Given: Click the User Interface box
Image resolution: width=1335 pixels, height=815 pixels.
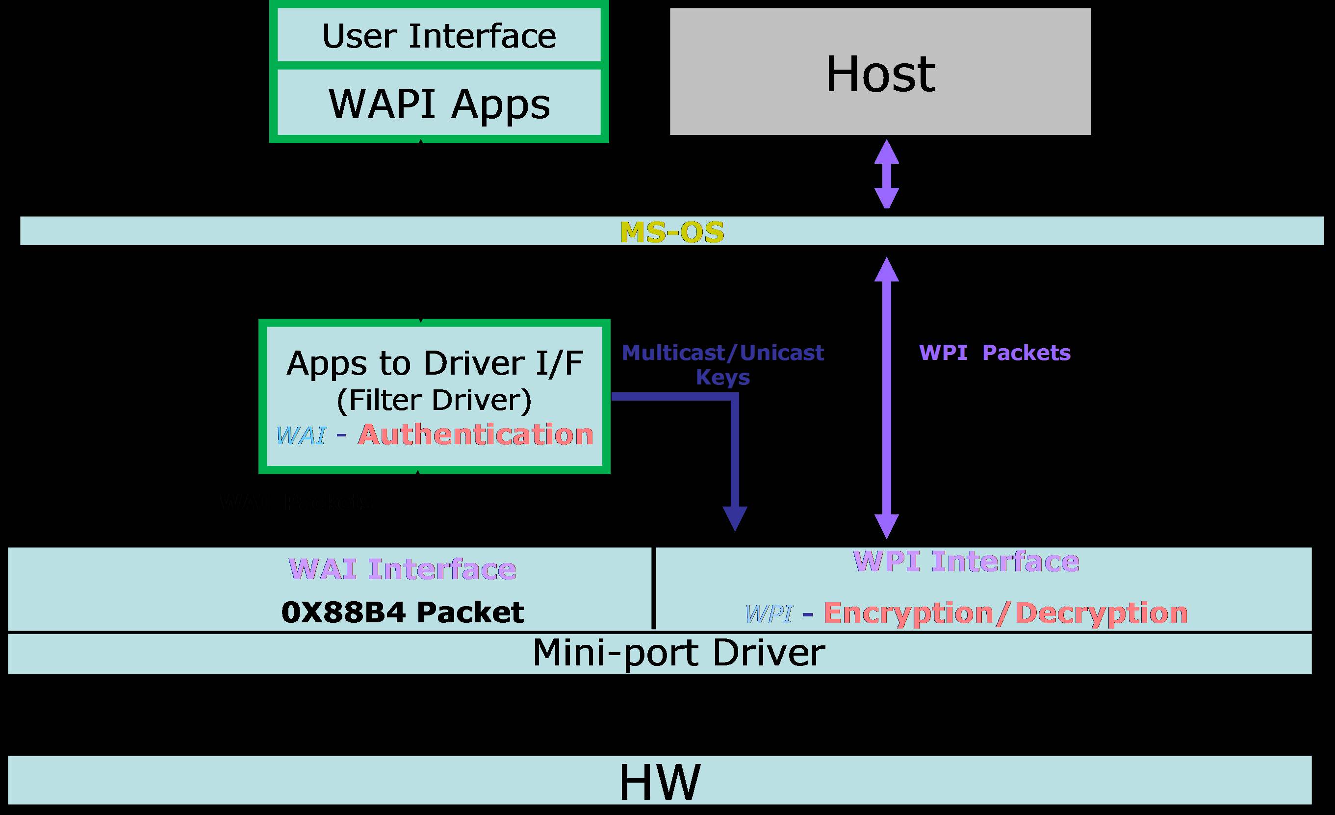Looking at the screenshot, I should coord(439,36).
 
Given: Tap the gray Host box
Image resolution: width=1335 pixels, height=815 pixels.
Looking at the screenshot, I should coord(880,72).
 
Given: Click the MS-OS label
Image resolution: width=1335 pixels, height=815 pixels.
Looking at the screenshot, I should coord(672,232).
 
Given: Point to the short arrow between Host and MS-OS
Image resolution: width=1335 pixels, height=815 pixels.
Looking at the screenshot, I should coord(887,174).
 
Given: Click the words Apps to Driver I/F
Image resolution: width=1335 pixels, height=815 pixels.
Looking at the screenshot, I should coord(435,362).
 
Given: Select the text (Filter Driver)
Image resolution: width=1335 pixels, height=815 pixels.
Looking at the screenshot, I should coord(435,401).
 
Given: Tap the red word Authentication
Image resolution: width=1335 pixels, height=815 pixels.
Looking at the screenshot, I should coord(476,434).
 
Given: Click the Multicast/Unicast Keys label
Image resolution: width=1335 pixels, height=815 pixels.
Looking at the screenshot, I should coord(723,364).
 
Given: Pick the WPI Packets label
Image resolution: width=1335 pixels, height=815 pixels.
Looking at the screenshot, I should coord(995,353).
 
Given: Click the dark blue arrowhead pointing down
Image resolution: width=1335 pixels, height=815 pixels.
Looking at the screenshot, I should coord(735,518).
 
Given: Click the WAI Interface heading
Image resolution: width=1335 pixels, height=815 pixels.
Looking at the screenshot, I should coord(403,569).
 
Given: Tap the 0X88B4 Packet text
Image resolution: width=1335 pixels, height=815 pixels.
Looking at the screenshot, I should coord(403,612).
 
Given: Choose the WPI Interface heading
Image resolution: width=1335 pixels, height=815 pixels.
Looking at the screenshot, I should coord(966,561).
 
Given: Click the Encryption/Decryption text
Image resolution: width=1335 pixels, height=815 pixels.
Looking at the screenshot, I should coord(1005,613).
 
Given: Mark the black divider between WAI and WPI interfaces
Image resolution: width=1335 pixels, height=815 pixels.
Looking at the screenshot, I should coord(653,588).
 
